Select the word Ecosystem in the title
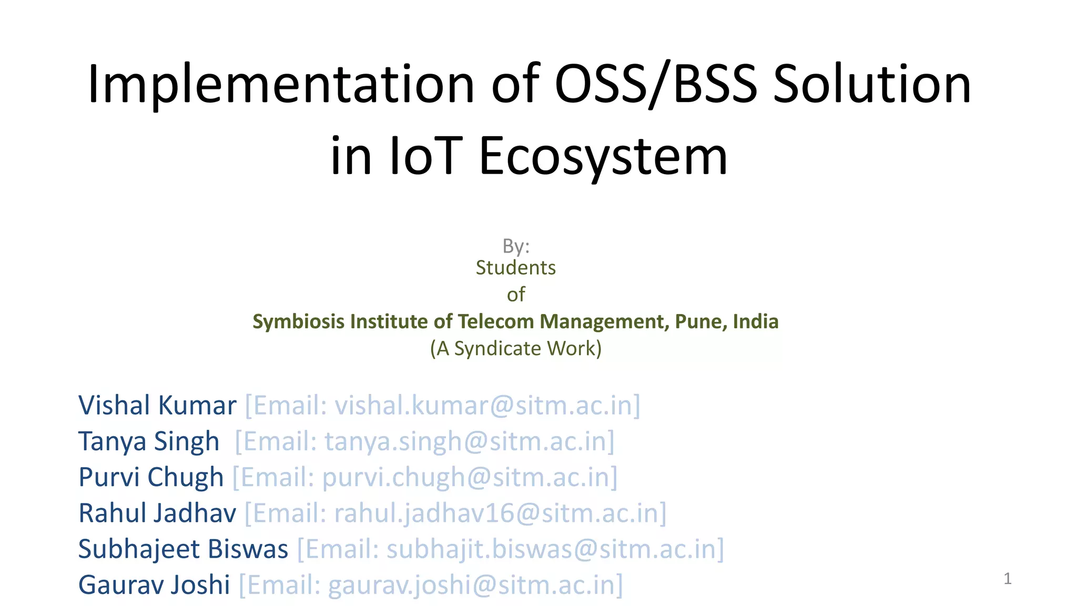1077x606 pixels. (603, 156)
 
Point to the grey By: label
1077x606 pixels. (516, 246)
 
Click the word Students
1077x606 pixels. (515, 268)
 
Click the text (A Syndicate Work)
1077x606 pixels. (515, 348)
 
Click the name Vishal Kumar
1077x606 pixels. (157, 406)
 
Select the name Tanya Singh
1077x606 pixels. (149, 441)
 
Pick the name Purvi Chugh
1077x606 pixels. (151, 477)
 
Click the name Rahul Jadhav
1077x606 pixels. (157, 513)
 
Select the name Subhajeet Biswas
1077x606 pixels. (183, 549)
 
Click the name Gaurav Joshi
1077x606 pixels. (154, 584)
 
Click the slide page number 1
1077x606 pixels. (1007, 579)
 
